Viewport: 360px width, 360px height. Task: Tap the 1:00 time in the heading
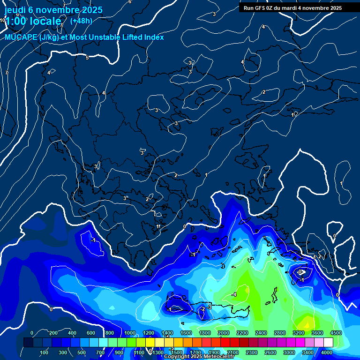15,21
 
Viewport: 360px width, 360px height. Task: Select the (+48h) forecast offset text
81,21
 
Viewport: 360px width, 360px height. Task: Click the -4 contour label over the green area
233,294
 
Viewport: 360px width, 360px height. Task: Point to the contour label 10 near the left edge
3,20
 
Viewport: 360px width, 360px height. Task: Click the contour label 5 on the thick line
87,58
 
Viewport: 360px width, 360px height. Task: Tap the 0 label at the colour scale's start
32,333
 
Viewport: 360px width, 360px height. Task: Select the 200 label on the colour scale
53,333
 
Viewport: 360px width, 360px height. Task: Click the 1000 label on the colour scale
129,333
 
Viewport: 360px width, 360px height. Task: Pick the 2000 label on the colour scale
224,333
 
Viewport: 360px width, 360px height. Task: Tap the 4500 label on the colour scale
336,333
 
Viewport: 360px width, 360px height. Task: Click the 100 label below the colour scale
44,352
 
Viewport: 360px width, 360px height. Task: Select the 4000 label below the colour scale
327,352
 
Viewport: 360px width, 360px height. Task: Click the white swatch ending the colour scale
328,343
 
